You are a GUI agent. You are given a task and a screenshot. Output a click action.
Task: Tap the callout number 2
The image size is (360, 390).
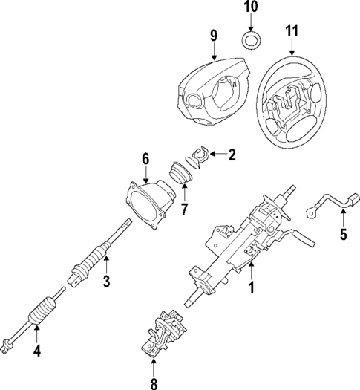pyautogui.click(x=232, y=155)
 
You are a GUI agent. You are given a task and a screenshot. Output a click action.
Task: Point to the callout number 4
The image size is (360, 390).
pyautogui.click(x=37, y=346)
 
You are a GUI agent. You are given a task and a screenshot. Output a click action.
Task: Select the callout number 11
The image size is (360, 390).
pyautogui.click(x=291, y=30)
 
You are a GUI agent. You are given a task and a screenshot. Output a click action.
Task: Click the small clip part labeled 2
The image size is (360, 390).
pyautogui.click(x=197, y=155)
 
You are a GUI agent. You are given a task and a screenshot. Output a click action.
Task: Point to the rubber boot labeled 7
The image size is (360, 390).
pyautogui.click(x=181, y=177)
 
